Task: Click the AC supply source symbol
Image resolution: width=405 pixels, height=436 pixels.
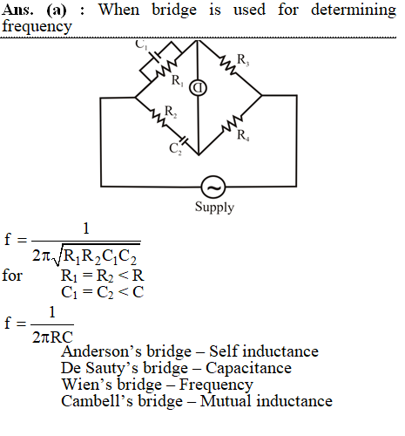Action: point(213,187)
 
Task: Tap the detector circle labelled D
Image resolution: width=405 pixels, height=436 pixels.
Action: point(198,88)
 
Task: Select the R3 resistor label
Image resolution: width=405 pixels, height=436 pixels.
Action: point(243,60)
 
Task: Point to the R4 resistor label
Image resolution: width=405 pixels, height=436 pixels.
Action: point(243,135)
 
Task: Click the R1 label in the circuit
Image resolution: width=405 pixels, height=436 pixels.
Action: point(178,80)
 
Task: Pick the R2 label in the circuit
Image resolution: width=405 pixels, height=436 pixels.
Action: point(171,112)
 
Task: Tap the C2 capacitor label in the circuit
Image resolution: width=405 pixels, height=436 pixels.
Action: point(175,149)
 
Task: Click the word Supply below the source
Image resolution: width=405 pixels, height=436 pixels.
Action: point(214,208)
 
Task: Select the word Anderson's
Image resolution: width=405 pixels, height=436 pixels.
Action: point(101,351)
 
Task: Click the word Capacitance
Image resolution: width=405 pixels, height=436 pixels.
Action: point(248,368)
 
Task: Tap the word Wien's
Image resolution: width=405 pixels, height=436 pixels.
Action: point(87,385)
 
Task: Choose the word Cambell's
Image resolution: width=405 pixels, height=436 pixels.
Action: point(97,401)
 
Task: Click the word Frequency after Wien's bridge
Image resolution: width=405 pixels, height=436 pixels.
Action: point(216,385)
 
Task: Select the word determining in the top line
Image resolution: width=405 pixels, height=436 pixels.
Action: point(354,10)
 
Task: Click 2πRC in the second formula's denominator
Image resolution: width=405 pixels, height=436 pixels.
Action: point(52,337)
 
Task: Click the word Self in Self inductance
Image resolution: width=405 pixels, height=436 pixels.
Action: point(224,351)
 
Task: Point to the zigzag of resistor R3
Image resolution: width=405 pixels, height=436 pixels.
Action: point(228,65)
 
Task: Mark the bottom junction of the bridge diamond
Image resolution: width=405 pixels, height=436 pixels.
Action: point(199,155)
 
